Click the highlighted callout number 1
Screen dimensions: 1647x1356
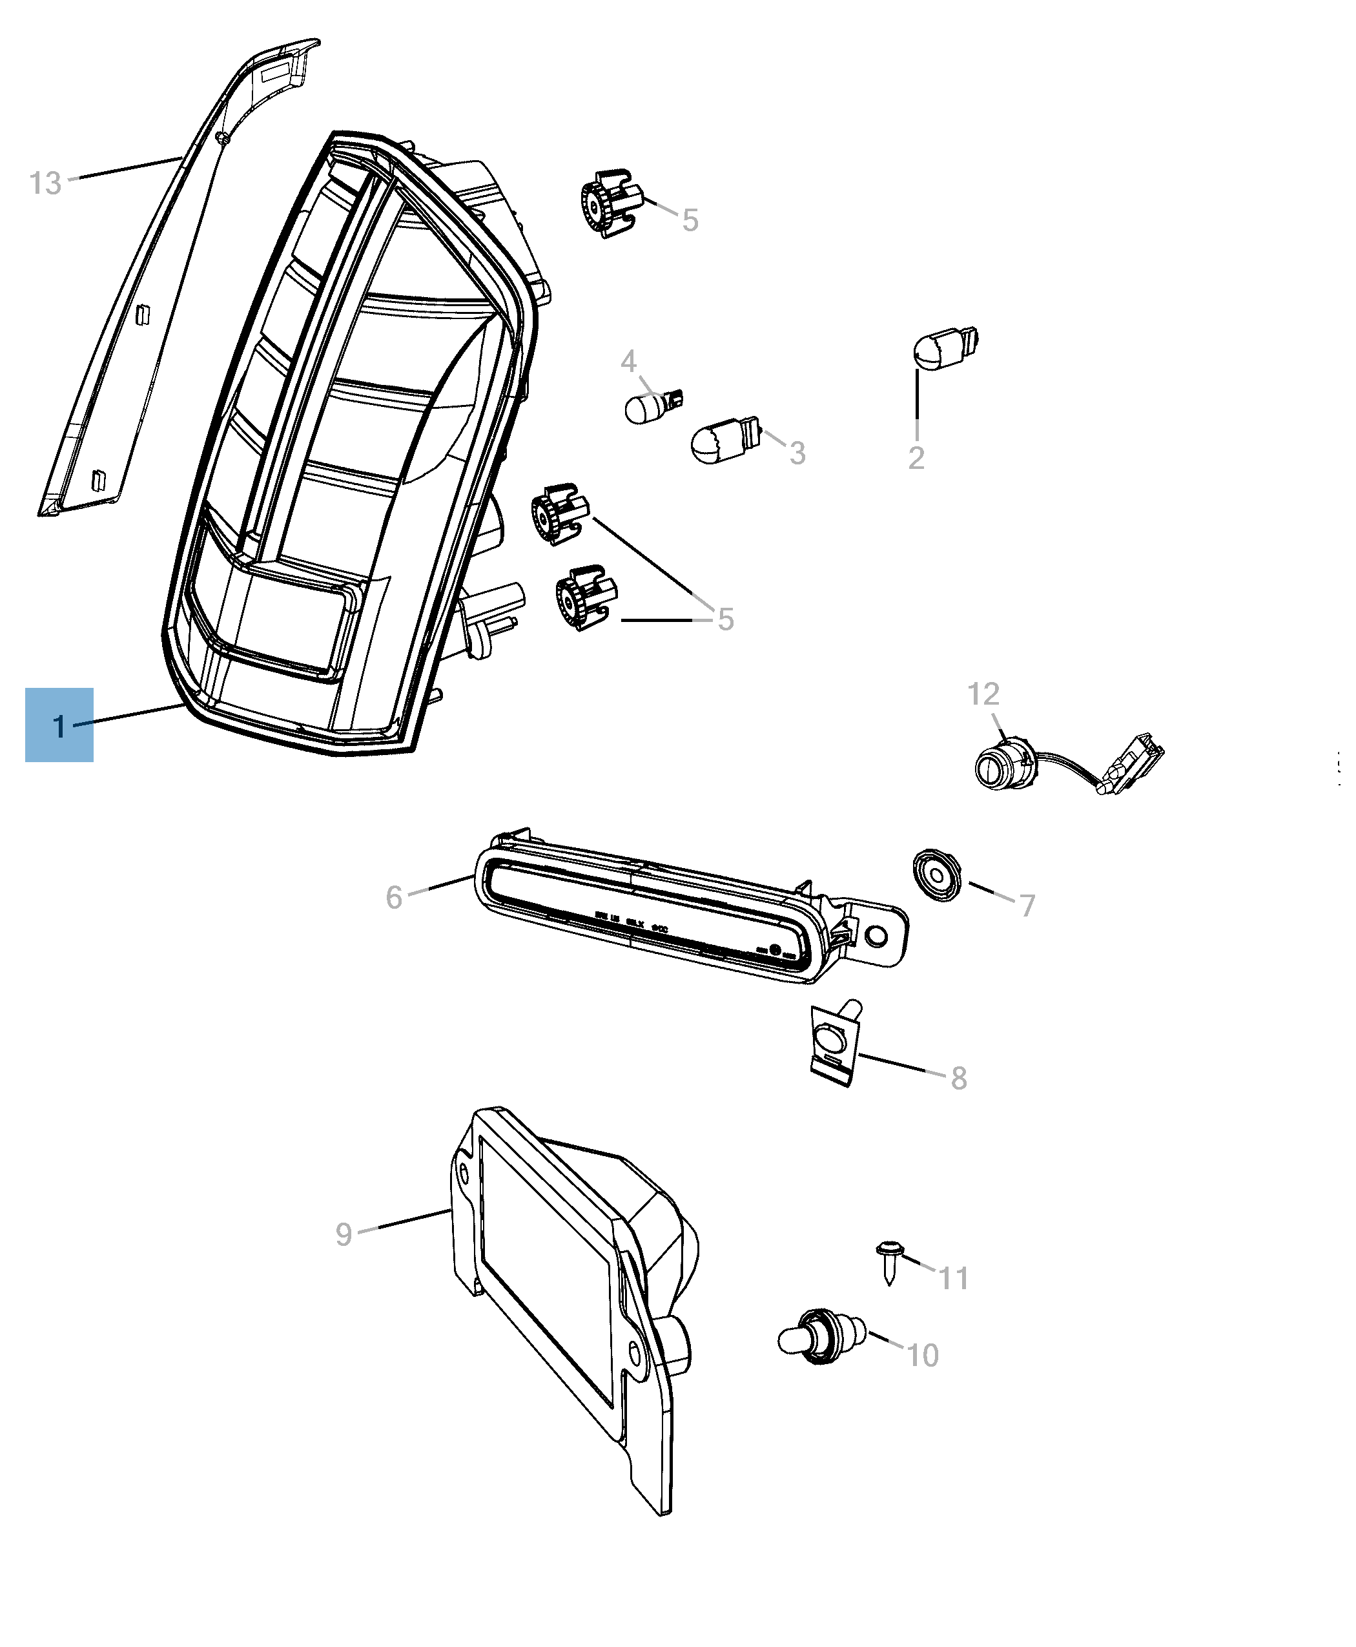(x=59, y=726)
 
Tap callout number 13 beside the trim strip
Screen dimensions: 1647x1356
(x=45, y=183)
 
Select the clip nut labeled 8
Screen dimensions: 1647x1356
(x=834, y=1044)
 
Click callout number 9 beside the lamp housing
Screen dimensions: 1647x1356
(x=344, y=1234)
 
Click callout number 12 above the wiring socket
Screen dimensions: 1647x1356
(x=983, y=694)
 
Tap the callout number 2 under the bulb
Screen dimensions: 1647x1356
(x=916, y=458)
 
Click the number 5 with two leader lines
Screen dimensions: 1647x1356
(x=726, y=619)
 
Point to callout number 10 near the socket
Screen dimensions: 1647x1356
(x=921, y=1356)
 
